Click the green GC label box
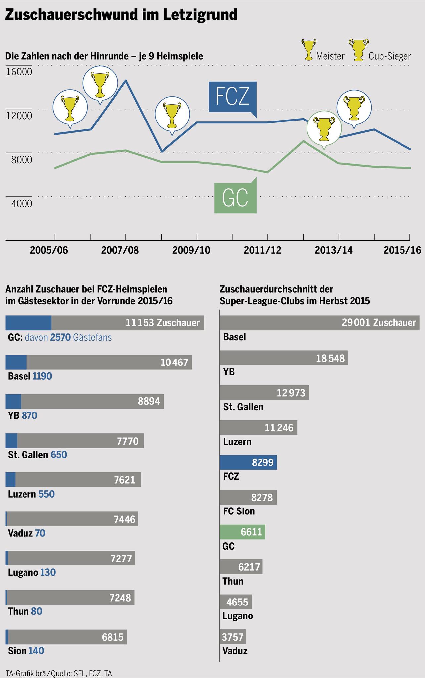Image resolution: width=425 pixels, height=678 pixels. coord(235,198)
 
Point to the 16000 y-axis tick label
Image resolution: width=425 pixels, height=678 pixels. coord(20,72)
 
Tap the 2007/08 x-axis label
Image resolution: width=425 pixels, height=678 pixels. coord(120,250)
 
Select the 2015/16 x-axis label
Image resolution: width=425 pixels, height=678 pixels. coord(402,250)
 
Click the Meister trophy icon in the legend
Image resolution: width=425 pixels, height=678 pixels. coord(308,50)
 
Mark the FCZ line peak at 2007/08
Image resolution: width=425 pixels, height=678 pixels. coord(126,80)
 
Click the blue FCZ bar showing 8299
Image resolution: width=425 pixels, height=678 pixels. coord(248,462)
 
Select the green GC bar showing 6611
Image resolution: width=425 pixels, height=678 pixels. coord(242,532)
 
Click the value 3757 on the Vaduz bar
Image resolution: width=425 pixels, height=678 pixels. coord(232,637)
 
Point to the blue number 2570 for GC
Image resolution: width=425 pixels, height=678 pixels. coord(61,338)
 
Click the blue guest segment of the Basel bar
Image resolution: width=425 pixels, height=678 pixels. coord(16,362)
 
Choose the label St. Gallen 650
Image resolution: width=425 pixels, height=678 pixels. coord(37,455)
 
